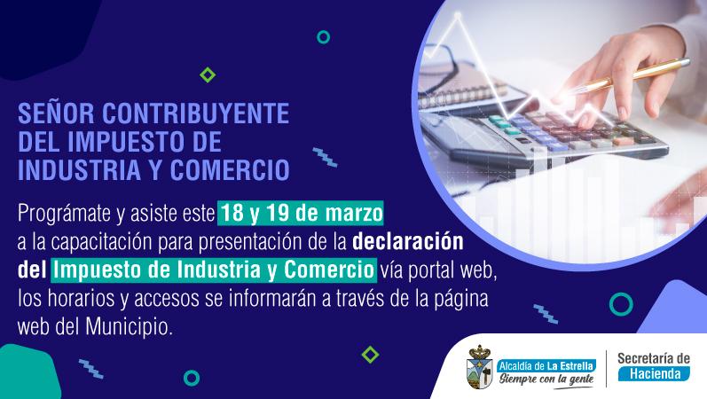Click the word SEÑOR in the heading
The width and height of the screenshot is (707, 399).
(x=56, y=113)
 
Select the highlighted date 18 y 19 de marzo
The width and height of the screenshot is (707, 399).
(x=301, y=213)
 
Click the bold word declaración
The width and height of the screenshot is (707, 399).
(x=407, y=242)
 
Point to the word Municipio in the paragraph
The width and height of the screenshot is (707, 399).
(x=129, y=327)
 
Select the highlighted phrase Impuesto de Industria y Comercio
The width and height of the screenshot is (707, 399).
(x=214, y=270)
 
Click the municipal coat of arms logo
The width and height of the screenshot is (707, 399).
(x=479, y=366)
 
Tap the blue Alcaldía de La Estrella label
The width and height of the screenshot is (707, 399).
(x=546, y=365)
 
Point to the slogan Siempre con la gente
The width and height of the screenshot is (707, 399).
(x=546, y=379)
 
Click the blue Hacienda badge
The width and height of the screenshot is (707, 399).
(x=654, y=374)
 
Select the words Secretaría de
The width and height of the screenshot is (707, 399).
(x=654, y=358)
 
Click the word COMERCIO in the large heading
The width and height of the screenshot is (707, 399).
(x=230, y=170)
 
